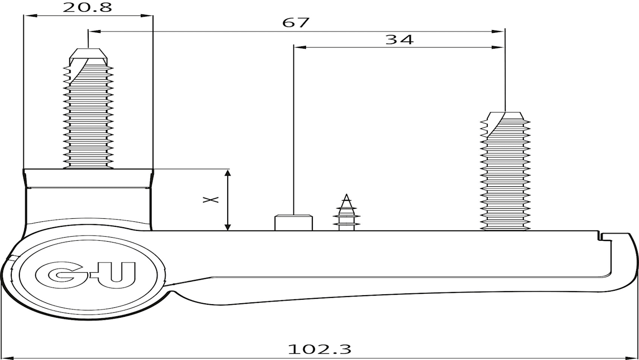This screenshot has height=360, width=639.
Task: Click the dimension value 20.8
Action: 87,7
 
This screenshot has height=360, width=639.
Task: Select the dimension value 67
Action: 296,22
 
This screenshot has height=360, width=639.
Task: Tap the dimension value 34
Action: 400,40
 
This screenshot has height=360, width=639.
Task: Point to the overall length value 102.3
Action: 319,349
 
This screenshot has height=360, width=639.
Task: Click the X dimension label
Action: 211,199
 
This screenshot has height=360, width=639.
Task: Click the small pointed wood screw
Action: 346,212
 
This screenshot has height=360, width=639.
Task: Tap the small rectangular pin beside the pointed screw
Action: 293,222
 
